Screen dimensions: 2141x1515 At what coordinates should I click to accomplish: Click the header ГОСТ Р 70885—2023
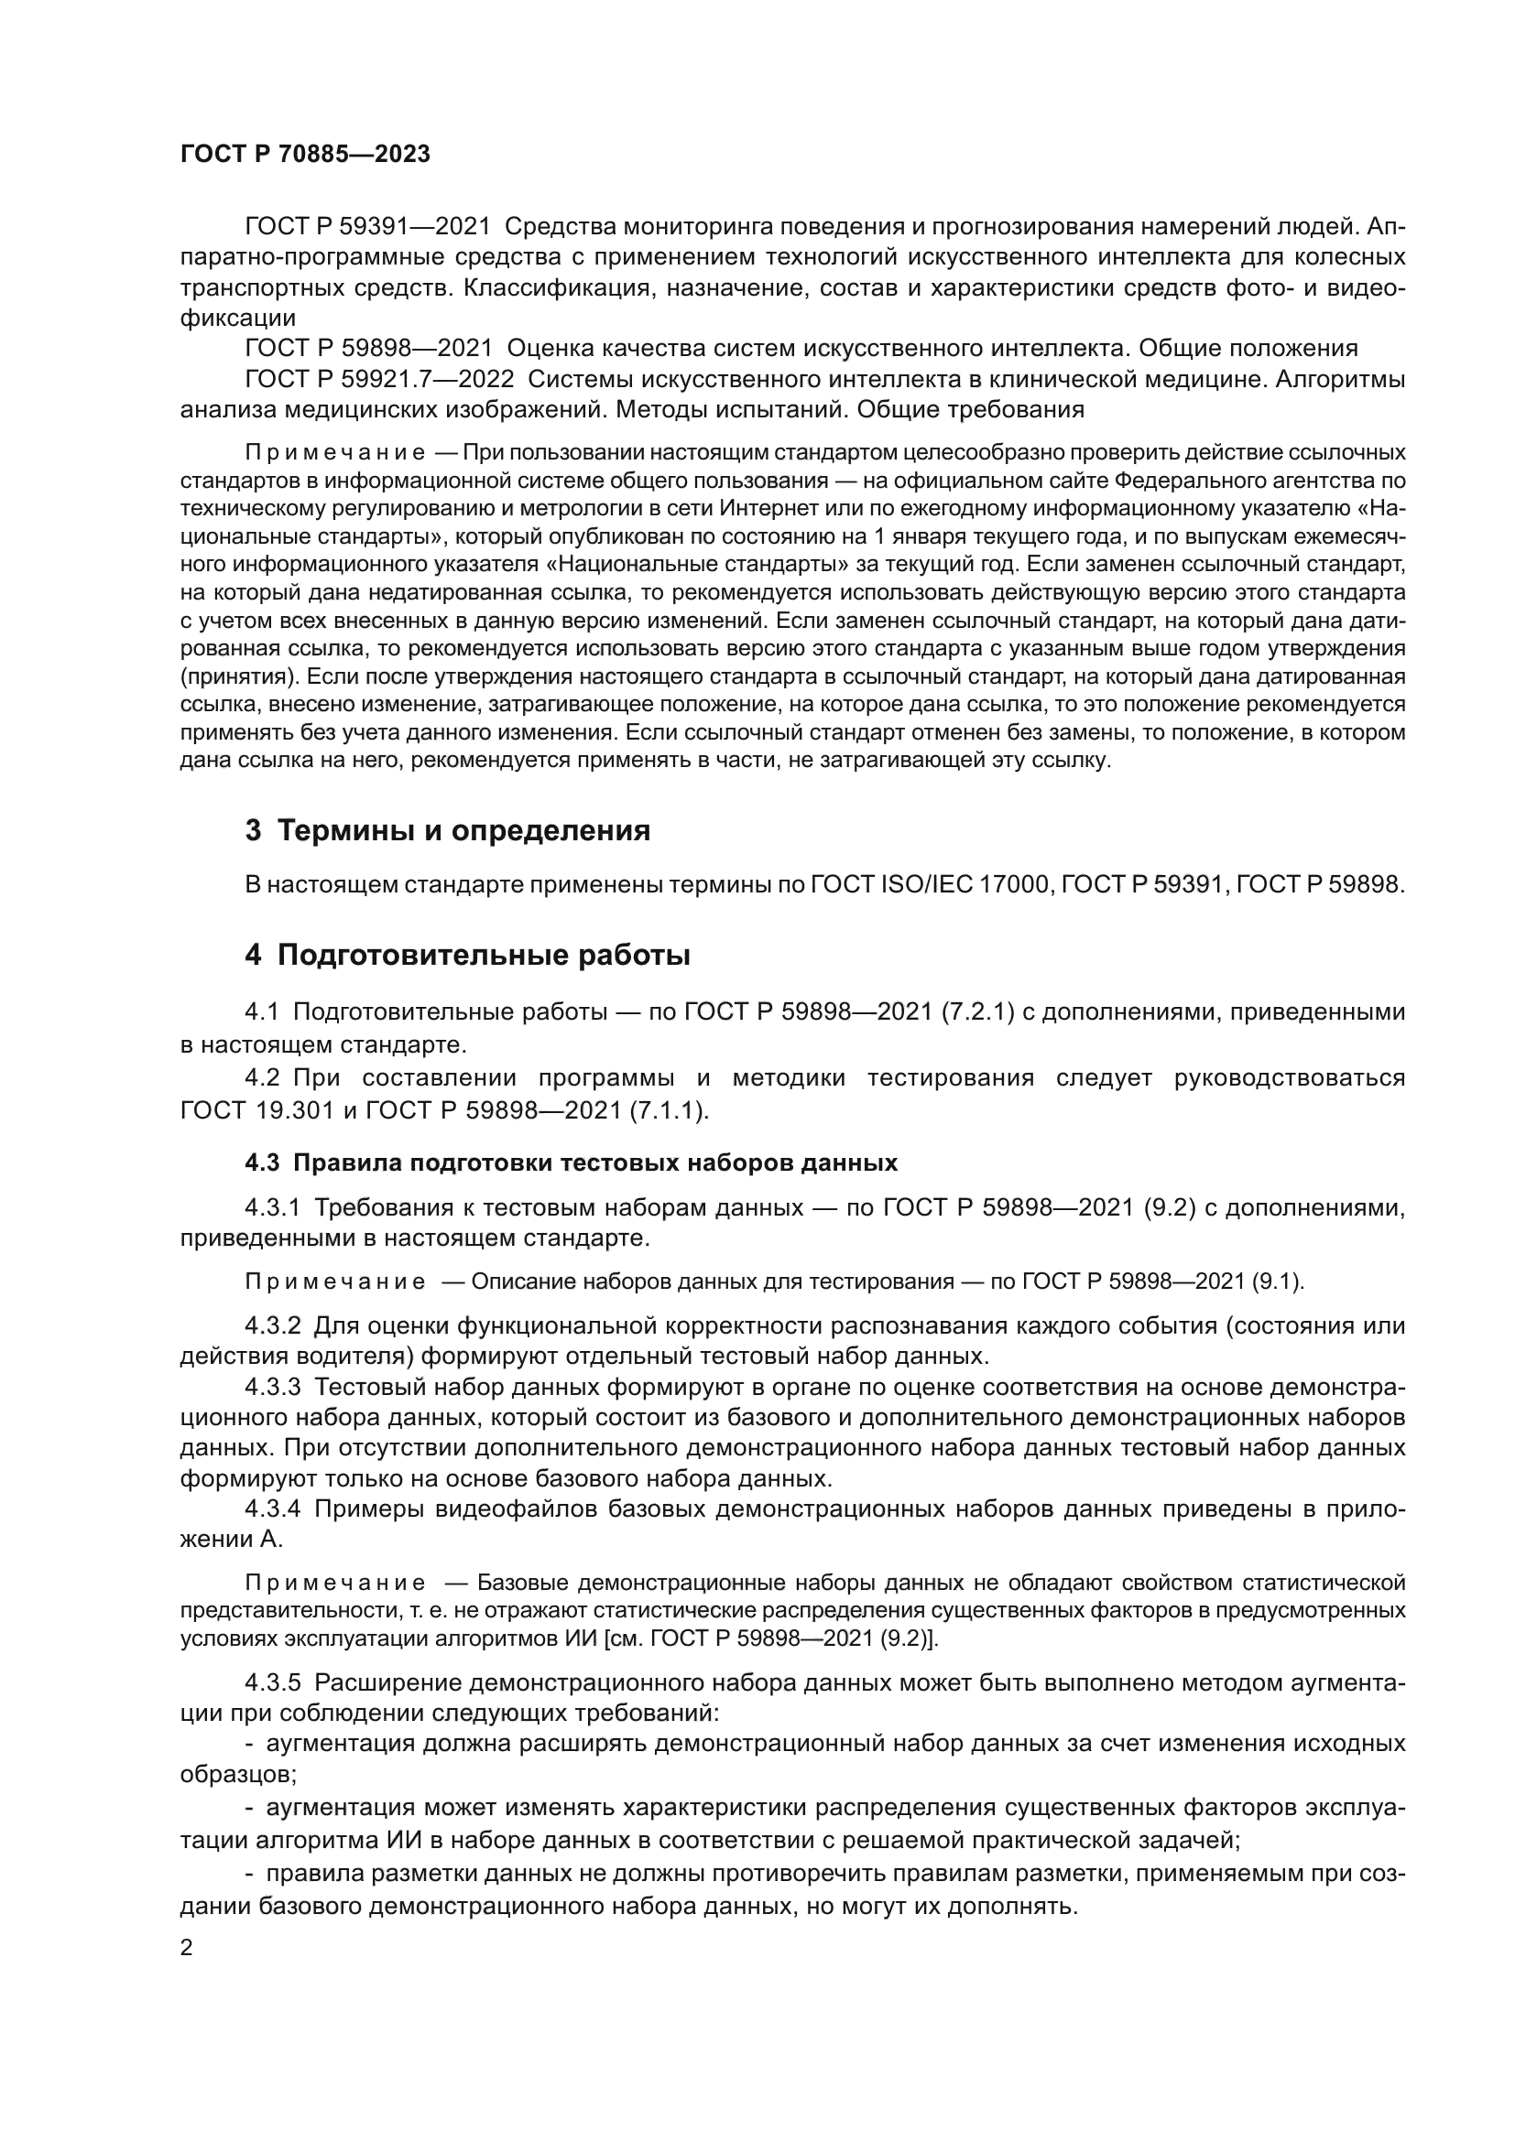(x=305, y=155)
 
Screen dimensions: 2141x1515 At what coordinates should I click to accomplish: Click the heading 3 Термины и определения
(x=447, y=830)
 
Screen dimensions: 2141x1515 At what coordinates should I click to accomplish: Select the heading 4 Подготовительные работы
(x=467, y=956)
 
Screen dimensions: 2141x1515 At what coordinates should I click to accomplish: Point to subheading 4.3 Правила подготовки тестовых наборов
(x=571, y=1162)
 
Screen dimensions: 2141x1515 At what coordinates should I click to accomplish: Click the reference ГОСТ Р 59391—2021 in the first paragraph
(x=367, y=228)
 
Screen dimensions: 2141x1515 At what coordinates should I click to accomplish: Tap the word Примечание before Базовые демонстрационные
(x=335, y=1584)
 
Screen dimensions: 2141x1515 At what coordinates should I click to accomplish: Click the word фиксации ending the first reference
(x=237, y=318)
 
